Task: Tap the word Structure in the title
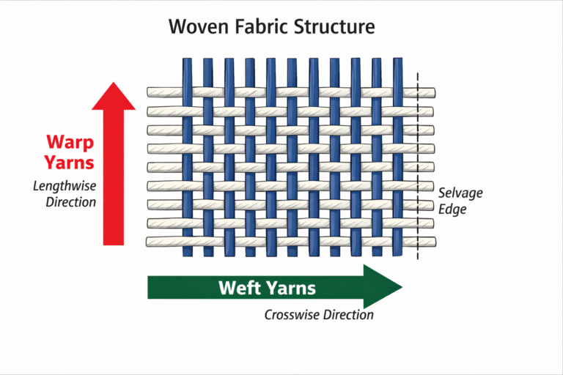tap(334, 27)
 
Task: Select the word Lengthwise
tap(65, 185)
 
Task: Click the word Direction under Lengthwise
tap(71, 201)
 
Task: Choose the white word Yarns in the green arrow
tap(291, 288)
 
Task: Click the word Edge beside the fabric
tap(452, 209)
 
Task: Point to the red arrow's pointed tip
tap(114, 83)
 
